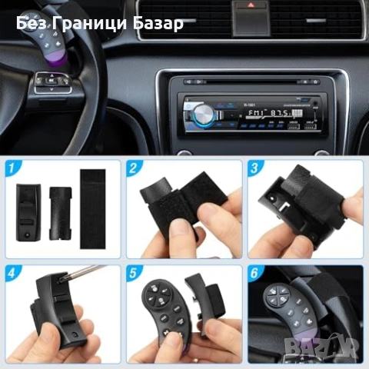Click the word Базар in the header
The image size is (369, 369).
pos(160,23)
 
